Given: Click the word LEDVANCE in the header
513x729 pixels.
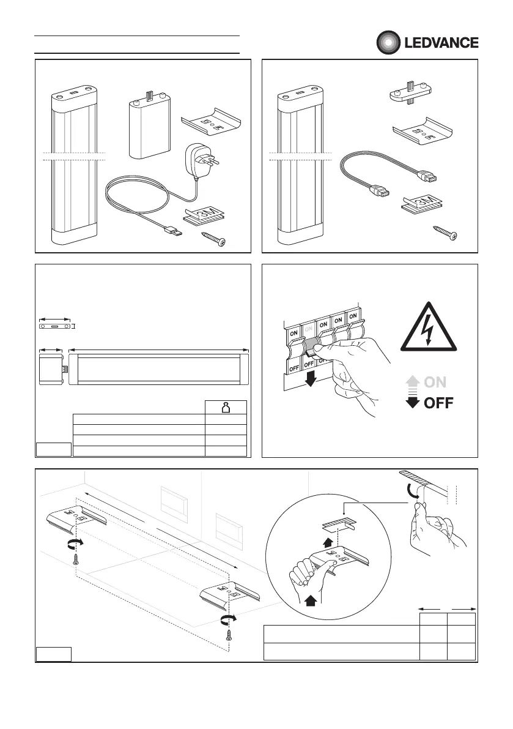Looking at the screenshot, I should click(x=440, y=43).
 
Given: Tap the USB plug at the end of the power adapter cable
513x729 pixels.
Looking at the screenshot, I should click(x=173, y=232).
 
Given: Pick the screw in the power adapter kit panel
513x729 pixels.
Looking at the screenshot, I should click(x=217, y=239).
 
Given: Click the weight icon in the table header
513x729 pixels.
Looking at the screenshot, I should click(x=225, y=408).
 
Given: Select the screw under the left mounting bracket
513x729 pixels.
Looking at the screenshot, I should click(x=76, y=559).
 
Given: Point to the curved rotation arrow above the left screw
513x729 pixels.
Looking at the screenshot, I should click(x=75, y=544).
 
